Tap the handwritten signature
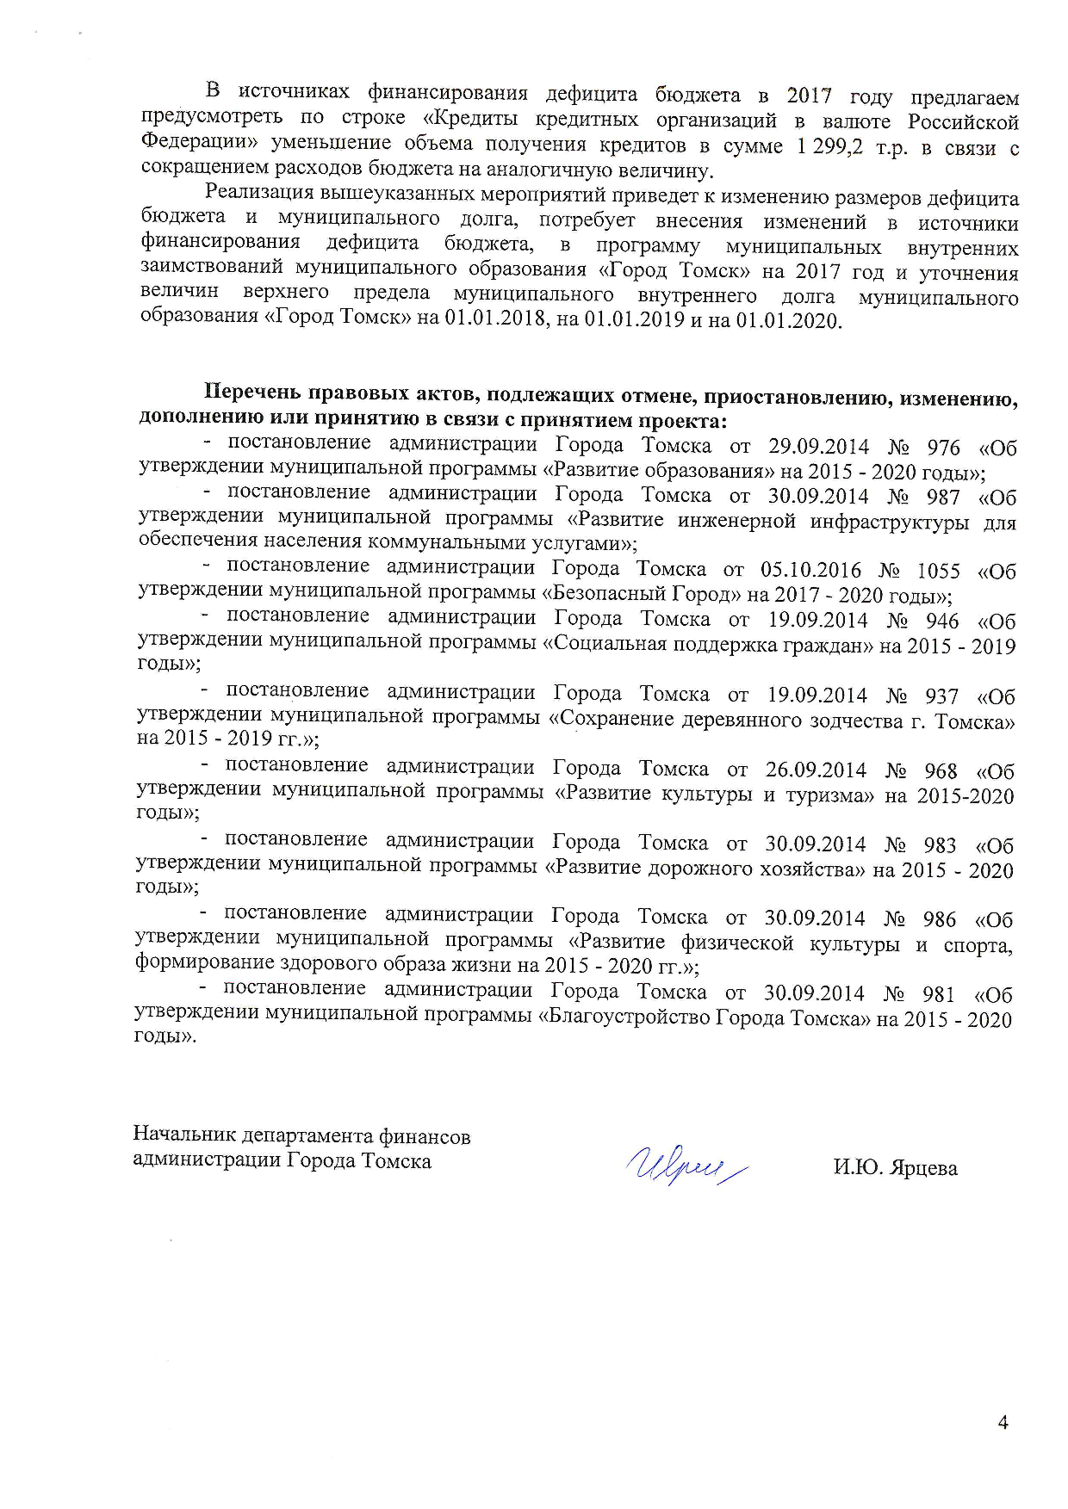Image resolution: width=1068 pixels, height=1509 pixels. click(x=686, y=1164)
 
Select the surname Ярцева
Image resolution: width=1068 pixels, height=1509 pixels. click(x=926, y=1168)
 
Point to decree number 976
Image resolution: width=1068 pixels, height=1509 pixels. click(x=943, y=448)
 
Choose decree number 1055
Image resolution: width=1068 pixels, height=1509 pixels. click(x=938, y=572)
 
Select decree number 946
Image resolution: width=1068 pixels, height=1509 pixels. click(x=941, y=621)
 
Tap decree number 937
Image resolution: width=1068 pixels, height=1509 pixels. click(x=941, y=696)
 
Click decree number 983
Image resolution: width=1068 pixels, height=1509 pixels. click(x=940, y=844)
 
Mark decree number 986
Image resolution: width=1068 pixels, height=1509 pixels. click(x=940, y=919)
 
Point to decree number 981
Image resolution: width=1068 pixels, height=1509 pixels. click(x=939, y=994)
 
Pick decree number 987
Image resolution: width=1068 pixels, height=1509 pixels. click(x=943, y=497)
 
